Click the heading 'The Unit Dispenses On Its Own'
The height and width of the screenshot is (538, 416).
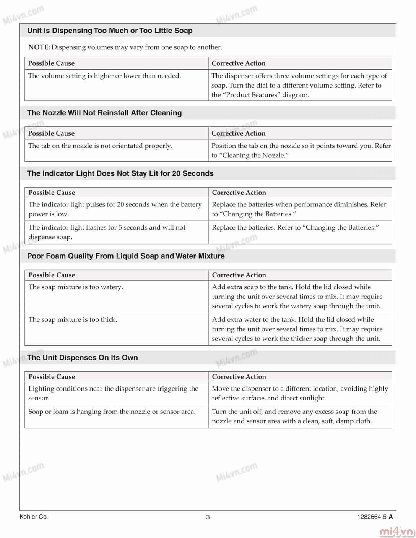(x=83, y=358)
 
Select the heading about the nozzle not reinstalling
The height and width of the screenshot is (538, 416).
(x=104, y=113)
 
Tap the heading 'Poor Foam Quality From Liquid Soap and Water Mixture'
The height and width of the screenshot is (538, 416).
(x=126, y=256)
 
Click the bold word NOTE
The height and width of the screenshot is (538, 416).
(x=39, y=47)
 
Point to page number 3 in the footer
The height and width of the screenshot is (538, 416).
(x=208, y=517)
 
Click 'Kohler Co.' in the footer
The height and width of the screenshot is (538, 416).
(x=34, y=517)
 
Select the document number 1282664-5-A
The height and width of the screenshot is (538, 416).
(x=375, y=517)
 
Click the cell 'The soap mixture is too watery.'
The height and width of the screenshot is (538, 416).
(x=76, y=287)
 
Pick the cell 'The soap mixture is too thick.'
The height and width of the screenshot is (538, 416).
(x=73, y=319)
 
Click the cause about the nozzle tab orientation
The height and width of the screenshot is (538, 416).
(x=100, y=146)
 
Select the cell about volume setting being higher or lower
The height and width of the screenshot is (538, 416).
(x=104, y=76)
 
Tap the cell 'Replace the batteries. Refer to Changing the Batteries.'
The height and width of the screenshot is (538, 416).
(x=295, y=227)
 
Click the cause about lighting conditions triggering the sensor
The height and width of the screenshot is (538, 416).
(x=113, y=393)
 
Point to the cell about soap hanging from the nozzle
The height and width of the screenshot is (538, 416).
(x=112, y=412)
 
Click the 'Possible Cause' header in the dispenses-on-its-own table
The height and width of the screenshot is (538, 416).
(x=52, y=376)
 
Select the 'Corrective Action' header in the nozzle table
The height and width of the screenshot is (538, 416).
(x=239, y=133)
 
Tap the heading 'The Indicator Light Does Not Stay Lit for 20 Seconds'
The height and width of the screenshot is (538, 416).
(x=120, y=173)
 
